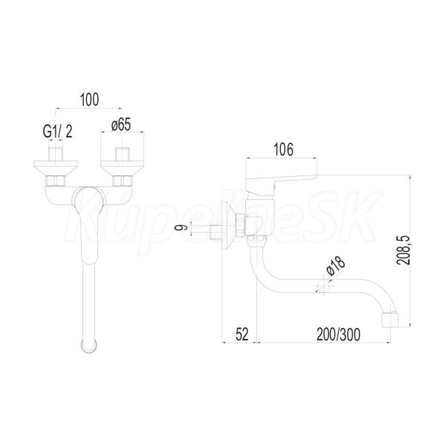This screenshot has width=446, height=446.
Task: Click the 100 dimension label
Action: click(90, 100)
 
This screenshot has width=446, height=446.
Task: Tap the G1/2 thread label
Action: click(58, 132)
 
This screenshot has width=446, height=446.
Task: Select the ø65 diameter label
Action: click(121, 125)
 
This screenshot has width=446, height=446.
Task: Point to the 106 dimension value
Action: click(283, 149)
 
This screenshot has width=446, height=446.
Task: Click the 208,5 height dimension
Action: click(404, 251)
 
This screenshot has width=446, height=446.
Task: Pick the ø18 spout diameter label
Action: click(336, 266)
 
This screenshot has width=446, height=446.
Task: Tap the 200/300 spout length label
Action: click(338, 334)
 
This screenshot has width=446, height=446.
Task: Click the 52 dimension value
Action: click(242, 334)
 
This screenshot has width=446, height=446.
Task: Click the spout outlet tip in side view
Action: click(390, 320)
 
